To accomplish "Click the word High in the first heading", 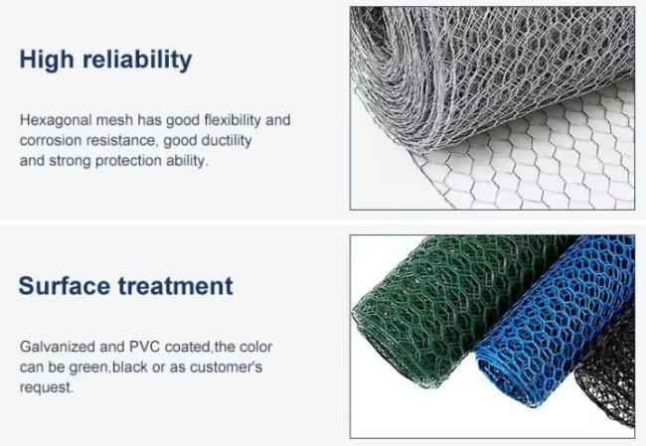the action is [x=47, y=60].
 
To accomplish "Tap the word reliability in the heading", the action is [x=137, y=60].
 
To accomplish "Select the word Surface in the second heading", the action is [x=64, y=286].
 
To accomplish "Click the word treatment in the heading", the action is [x=176, y=286].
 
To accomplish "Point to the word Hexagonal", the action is [x=56, y=120].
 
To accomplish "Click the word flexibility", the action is [x=233, y=120].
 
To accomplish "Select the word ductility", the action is [x=227, y=141].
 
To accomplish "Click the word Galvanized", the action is [x=58, y=347].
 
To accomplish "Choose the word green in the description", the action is [x=87, y=368].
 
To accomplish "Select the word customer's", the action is [x=226, y=367].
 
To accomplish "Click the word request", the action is [x=46, y=388].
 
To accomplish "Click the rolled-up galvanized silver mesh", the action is [x=474, y=74].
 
